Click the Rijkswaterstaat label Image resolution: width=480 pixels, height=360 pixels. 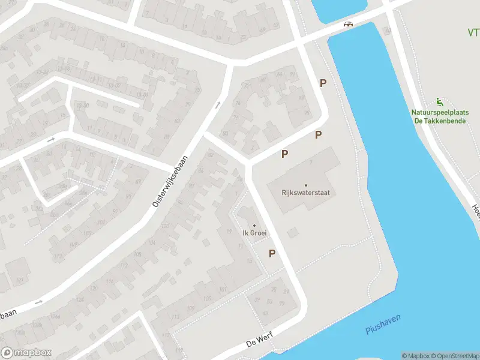[305, 193]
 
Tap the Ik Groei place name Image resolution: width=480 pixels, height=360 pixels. [254, 233]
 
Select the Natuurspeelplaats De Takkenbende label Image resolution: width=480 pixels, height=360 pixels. [440, 116]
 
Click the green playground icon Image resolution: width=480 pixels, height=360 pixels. [440, 101]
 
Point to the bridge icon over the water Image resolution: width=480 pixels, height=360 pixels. [347, 25]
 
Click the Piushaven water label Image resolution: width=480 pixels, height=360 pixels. [383, 324]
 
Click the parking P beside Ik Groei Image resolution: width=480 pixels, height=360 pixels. [272, 254]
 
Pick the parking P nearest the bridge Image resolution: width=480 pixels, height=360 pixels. [323, 83]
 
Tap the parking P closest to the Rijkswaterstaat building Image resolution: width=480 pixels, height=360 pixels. [285, 154]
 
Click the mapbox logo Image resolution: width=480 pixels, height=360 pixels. [26, 352]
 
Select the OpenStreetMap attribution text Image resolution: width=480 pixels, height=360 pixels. [454, 356]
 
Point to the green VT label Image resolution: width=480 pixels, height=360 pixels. [473, 32]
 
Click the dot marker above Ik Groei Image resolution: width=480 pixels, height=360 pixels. [254, 226]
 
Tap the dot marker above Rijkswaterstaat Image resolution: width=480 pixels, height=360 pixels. [305, 185]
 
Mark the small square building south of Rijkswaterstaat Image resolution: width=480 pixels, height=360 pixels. [293, 231]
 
